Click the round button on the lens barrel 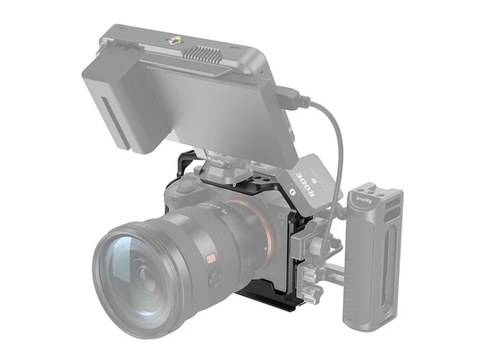click(x=214, y=278)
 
